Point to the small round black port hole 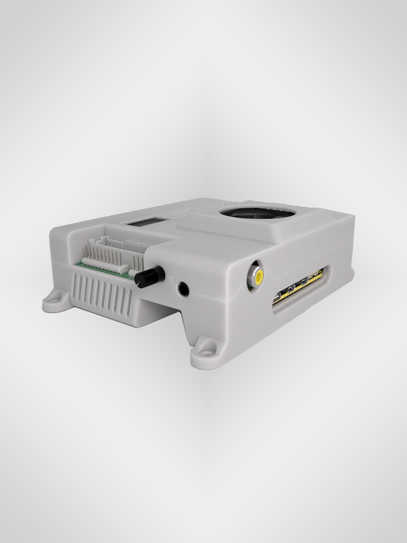point(184,289)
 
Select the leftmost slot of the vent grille point(76,289)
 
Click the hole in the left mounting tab point(53,301)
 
